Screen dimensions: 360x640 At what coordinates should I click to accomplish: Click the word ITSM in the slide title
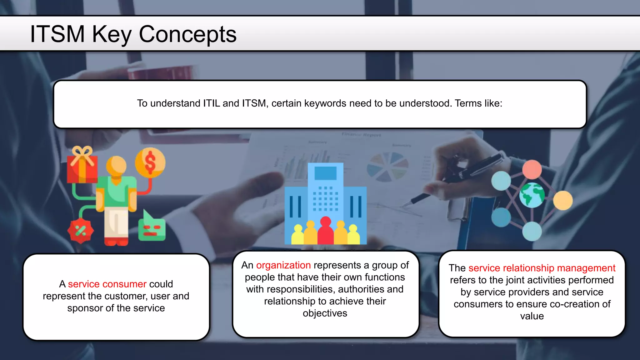pyautogui.click(x=57, y=34)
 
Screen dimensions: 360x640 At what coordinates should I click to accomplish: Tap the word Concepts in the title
pyautogui.click(x=187, y=34)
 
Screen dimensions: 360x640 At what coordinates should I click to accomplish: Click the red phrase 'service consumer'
pyautogui.click(x=107, y=284)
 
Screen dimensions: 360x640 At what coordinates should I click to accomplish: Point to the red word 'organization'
pyautogui.click(x=283, y=265)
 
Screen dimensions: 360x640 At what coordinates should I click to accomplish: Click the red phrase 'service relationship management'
pyautogui.click(x=542, y=268)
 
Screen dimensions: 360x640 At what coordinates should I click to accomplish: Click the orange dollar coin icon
pyautogui.click(x=150, y=163)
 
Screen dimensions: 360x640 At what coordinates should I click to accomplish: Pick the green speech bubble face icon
pyautogui.click(x=152, y=229)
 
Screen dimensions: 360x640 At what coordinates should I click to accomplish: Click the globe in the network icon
pyautogui.click(x=532, y=195)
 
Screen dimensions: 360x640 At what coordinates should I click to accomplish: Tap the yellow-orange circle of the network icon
pyautogui.click(x=563, y=200)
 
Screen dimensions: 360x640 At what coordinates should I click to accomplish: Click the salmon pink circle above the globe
pyautogui.click(x=532, y=169)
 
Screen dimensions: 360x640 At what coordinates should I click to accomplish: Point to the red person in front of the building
pyautogui.click(x=325, y=231)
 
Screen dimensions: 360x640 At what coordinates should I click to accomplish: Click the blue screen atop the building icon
pyautogui.click(x=325, y=173)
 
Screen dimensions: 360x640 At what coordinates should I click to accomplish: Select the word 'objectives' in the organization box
pyautogui.click(x=325, y=313)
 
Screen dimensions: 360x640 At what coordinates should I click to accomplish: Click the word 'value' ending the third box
pyautogui.click(x=532, y=316)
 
